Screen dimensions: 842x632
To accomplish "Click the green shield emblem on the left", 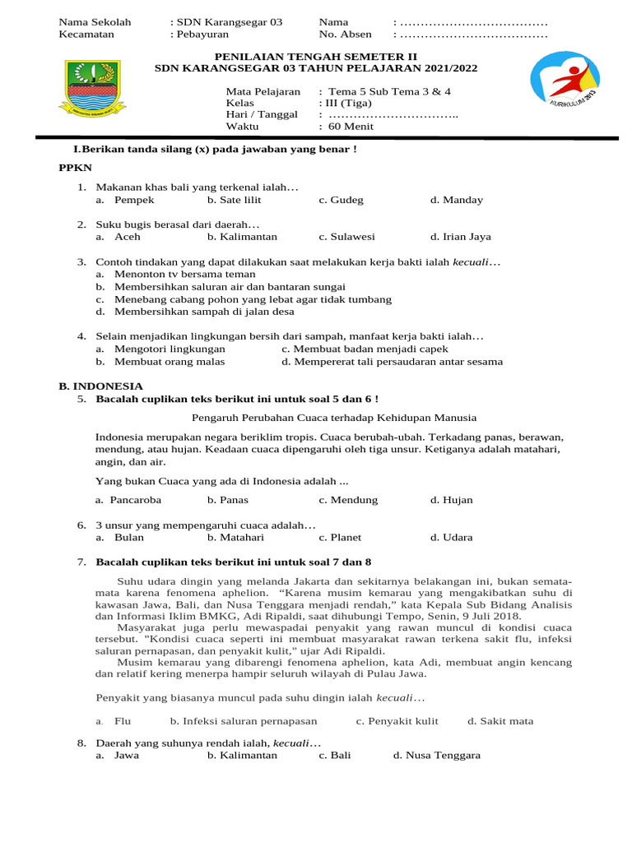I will (x=91, y=86).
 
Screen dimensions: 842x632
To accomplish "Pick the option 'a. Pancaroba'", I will (x=128, y=500).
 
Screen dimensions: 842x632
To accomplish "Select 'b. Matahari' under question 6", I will (x=235, y=538).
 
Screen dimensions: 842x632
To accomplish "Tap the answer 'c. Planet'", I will (x=340, y=538).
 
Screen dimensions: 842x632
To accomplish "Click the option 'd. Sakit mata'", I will (x=500, y=721).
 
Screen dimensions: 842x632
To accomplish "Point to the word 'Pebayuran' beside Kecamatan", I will (x=201, y=35).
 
